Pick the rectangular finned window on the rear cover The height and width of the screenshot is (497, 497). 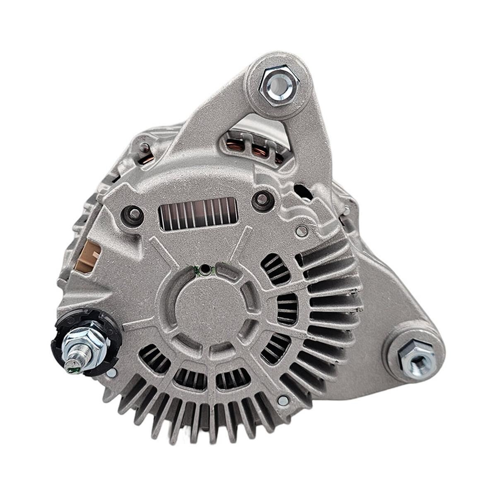coord(198,213)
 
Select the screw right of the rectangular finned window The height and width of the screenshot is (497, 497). coord(262,198)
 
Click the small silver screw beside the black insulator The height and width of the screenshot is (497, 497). coord(111,373)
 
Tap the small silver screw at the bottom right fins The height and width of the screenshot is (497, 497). coord(283,400)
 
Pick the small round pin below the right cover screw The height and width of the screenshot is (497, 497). coord(302,230)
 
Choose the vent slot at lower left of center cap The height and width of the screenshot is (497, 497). coord(154,357)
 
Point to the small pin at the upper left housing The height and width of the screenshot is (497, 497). coord(144,146)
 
